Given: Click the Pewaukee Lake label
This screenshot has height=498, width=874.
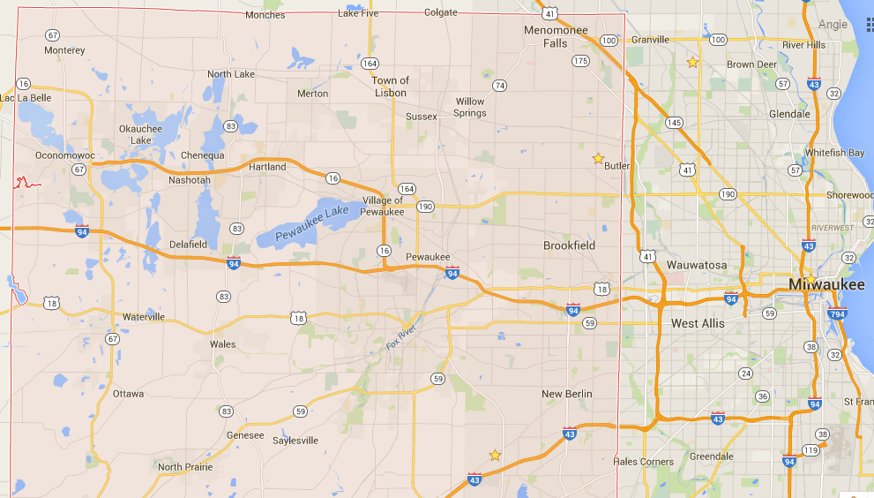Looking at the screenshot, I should [311, 223].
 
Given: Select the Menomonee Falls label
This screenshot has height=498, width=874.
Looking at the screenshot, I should [556, 36].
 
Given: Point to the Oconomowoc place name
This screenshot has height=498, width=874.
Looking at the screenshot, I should [64, 154].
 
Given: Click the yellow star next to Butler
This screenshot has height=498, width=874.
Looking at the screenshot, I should [598, 159].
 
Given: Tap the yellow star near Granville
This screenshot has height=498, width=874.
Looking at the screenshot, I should [692, 62].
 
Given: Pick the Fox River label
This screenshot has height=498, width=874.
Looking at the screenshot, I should [406, 334].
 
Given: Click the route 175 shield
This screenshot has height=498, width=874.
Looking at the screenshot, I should [579, 61].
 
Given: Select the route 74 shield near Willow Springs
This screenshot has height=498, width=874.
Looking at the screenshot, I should [500, 85].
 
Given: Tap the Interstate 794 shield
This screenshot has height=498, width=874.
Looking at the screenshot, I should [839, 313].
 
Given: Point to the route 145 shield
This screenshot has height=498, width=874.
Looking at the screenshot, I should [675, 123].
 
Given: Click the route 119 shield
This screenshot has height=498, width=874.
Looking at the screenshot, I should [811, 450].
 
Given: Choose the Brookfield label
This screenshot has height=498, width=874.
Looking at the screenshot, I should [569, 245].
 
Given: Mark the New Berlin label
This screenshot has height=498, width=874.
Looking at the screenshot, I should [566, 394].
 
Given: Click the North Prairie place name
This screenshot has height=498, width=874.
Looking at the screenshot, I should [183, 467].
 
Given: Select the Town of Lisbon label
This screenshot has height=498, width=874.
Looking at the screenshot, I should [389, 87].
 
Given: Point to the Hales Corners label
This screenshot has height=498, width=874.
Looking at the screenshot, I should [643, 462].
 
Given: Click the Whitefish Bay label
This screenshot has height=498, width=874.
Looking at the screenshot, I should [834, 153].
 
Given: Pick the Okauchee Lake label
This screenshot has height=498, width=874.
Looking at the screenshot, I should [140, 134].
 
